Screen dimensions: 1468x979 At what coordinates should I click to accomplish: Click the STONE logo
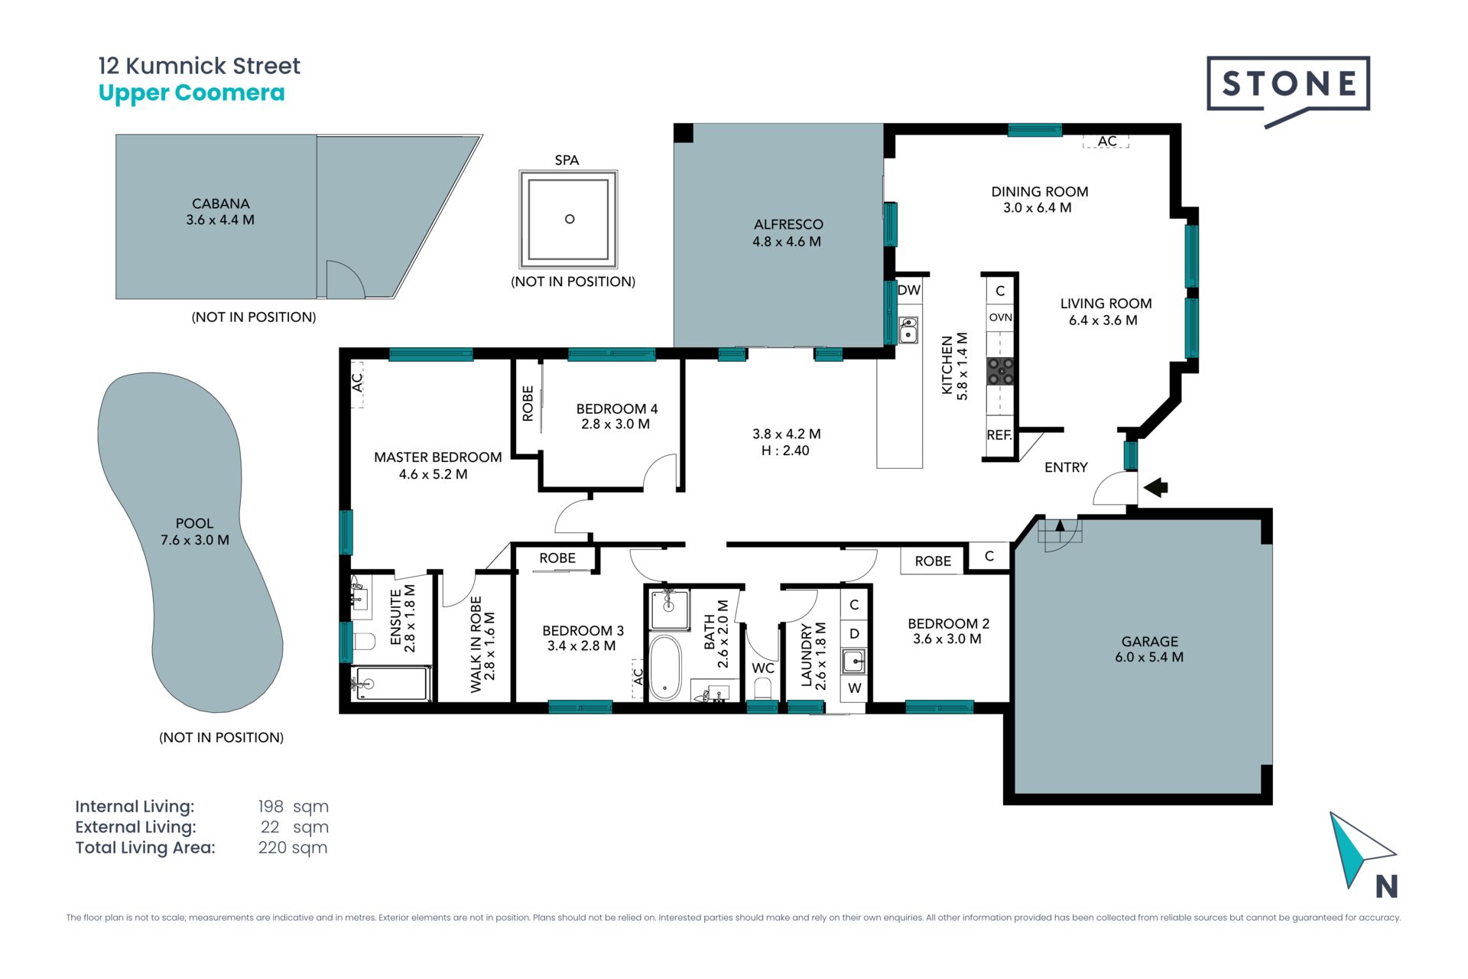tap(1288, 90)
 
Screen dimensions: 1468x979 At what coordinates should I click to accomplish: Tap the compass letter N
tap(1387, 886)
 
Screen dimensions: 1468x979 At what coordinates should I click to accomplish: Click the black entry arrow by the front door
tap(1155, 487)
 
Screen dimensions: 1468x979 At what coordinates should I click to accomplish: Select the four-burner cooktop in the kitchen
tap(1000, 371)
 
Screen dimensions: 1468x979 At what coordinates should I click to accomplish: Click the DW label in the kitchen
tap(909, 290)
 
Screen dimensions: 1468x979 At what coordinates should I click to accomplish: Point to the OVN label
tap(1000, 317)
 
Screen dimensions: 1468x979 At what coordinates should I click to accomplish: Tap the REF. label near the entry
tap(999, 435)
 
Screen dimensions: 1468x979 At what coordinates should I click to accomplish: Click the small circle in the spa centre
tap(570, 219)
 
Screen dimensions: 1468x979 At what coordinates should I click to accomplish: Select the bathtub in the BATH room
tap(665, 668)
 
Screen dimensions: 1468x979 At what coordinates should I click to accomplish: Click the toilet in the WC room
tap(762, 688)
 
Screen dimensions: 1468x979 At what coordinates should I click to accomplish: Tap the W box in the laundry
tap(854, 688)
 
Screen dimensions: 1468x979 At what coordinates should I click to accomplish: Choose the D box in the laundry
tap(854, 633)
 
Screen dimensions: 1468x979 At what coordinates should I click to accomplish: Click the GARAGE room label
tap(1149, 642)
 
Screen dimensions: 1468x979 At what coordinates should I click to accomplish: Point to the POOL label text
tap(194, 523)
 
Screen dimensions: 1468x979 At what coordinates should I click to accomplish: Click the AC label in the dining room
tap(1106, 141)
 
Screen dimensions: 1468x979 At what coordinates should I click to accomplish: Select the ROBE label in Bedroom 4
tap(528, 403)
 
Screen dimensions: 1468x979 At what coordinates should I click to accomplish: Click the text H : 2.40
tap(785, 450)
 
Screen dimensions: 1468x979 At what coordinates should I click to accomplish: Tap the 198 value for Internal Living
tap(271, 806)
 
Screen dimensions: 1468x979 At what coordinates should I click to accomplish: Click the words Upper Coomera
tap(191, 93)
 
